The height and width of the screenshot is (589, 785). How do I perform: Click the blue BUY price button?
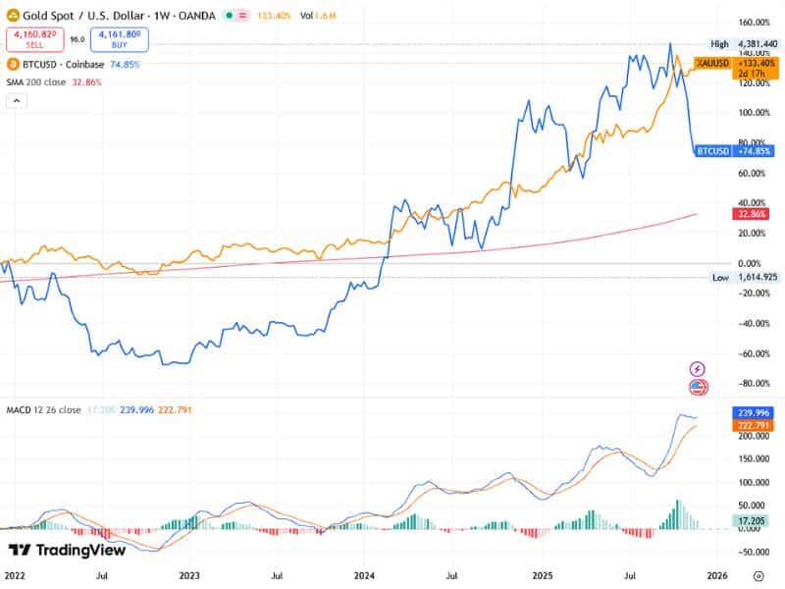(x=120, y=39)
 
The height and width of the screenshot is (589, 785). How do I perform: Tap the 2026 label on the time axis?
(x=715, y=576)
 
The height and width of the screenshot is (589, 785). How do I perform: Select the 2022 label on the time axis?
(x=15, y=576)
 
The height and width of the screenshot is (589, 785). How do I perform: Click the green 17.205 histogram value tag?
(x=754, y=518)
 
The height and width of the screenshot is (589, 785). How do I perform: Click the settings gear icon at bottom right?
(x=759, y=576)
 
